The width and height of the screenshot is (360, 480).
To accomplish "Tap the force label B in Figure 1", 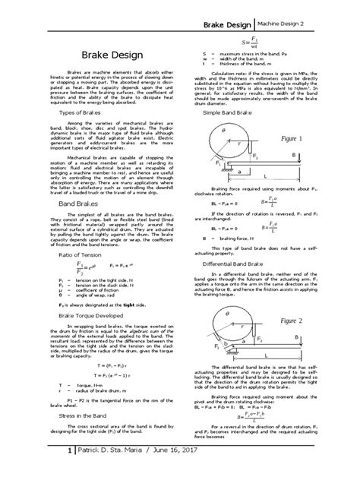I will coord(314,153).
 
